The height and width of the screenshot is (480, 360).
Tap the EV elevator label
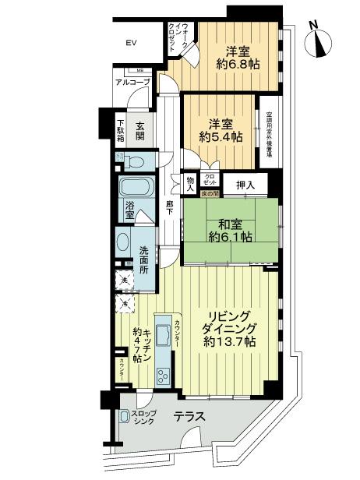point(131,44)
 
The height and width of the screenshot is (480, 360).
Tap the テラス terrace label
point(189,418)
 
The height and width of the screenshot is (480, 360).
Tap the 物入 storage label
point(189,182)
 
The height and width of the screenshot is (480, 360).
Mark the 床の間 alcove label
point(209,192)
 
